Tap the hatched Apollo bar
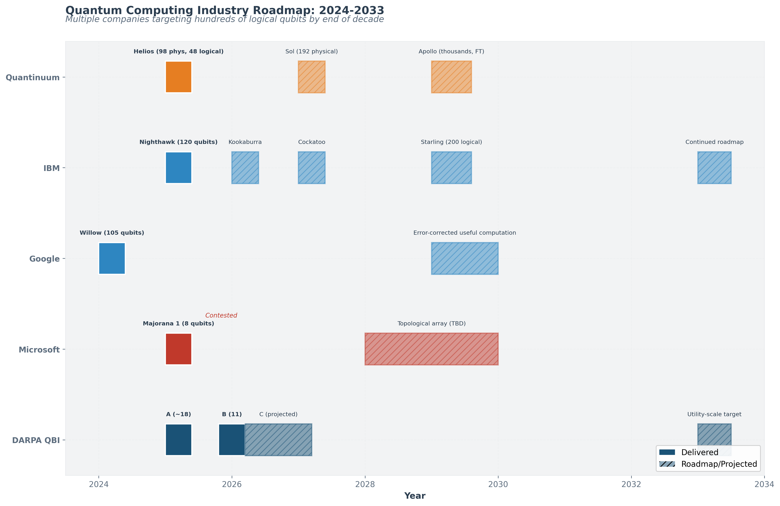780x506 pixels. [451, 77]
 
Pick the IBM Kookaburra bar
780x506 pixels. [245, 168]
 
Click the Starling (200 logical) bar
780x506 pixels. [451, 168]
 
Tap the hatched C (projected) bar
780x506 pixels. [278, 440]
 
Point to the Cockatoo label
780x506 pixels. [312, 142]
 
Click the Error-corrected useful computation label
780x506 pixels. [464, 233]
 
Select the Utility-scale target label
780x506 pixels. [714, 414]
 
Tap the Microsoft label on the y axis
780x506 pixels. [39, 350]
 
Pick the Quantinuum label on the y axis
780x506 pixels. [33, 78]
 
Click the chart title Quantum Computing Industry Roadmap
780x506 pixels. [225, 11]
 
